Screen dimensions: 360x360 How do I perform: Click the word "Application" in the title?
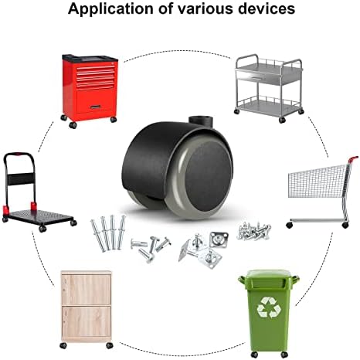(x=110, y=8)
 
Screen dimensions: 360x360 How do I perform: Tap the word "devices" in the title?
(x=267, y=8)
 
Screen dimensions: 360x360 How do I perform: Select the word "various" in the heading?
(x=206, y=8)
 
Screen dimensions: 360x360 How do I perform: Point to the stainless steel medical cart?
(x=268, y=88)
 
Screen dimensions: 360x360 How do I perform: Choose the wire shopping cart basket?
(x=318, y=181)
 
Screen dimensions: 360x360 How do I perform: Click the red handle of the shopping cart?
(x=353, y=159)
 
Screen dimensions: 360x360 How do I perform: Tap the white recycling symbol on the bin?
(x=269, y=307)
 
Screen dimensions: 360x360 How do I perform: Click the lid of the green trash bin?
(x=268, y=278)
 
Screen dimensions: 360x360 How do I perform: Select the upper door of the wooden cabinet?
(x=86, y=289)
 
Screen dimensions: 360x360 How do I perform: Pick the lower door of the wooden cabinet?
(x=86, y=321)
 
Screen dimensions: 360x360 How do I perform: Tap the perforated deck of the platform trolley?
(x=38, y=216)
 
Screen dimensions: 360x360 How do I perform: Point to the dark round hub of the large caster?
(x=209, y=176)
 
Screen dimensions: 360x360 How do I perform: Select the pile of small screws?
(x=254, y=230)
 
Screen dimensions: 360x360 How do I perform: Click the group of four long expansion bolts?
(x=108, y=233)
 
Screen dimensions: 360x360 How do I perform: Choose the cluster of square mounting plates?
(x=203, y=249)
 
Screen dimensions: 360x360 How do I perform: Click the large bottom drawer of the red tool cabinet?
(x=95, y=101)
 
